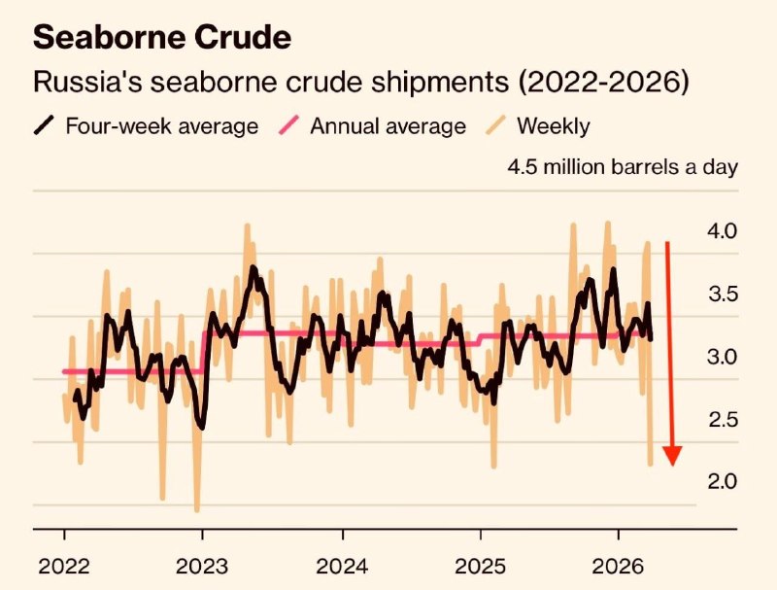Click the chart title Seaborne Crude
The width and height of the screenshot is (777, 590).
pos(162,38)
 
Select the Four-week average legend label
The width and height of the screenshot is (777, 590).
pos(161,125)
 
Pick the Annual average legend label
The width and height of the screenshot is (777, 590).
pos(388,125)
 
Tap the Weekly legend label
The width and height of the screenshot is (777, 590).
pos(553,125)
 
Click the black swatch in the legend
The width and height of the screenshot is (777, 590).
pos(45,125)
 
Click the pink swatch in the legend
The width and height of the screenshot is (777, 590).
pos(290,125)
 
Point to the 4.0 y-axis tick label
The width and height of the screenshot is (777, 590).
pos(725,231)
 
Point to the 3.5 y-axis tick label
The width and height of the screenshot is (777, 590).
pos(725,295)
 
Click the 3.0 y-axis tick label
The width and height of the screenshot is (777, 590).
pos(725,357)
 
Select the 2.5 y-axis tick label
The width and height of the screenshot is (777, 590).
pos(725,420)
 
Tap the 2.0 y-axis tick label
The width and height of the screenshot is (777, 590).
pos(725,482)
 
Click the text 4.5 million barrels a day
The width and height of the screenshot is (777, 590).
pos(623,166)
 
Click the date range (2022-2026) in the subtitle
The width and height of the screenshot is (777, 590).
pos(603,82)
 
